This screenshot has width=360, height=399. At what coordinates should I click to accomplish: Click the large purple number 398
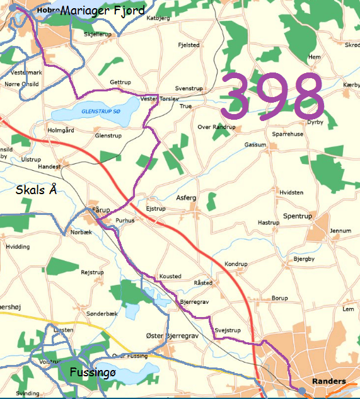tap(272, 96)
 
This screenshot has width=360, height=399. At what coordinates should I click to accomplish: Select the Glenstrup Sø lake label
tap(100, 112)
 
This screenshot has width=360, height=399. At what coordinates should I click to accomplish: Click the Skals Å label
tap(37, 189)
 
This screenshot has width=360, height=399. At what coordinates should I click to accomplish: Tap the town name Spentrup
tap(298, 216)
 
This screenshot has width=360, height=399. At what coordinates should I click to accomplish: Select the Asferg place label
tap(186, 198)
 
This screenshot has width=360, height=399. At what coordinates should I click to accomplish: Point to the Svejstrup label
tap(228, 330)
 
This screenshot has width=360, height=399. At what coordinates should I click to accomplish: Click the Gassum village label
tap(255, 145)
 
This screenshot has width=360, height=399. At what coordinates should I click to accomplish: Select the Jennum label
tap(340, 231)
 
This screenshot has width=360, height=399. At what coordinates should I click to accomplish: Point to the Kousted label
tap(170, 276)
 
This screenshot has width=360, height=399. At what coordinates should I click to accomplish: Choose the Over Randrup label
tap(216, 127)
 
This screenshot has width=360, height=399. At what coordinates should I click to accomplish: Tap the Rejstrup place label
tap(92, 272)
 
